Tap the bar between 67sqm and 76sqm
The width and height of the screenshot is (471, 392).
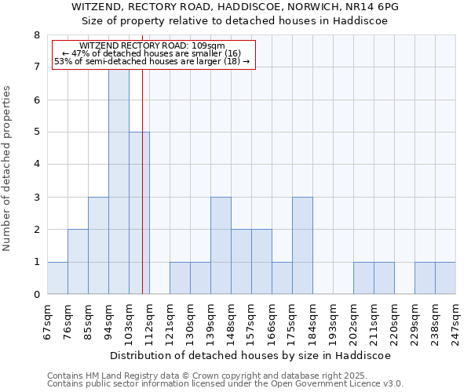(57, 278)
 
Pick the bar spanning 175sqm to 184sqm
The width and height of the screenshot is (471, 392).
(302, 246)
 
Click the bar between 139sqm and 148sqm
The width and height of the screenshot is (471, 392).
(221, 246)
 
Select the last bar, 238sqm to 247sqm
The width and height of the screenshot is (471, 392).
(445, 278)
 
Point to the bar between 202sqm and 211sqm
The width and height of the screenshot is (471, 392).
(363, 278)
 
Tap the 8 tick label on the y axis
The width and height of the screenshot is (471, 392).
(36, 35)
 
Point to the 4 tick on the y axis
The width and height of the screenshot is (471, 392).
(36, 165)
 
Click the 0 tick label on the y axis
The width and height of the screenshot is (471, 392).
(36, 295)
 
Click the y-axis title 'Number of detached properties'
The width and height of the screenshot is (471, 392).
(8, 169)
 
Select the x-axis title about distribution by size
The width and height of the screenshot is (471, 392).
(250, 355)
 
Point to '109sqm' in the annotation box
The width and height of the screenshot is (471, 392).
(210, 45)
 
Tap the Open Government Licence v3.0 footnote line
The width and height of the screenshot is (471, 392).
(225, 384)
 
